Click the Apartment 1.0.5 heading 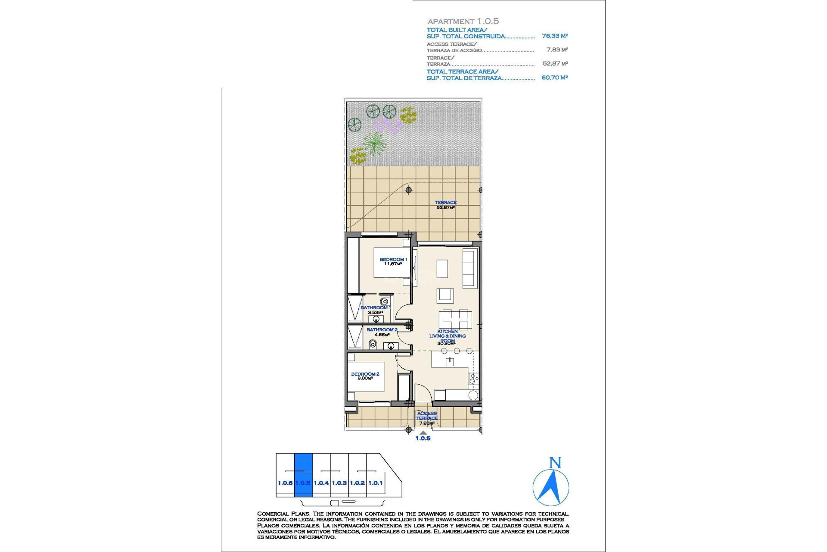(x=463, y=21)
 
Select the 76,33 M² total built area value (x=555, y=36)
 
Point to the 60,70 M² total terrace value (x=555, y=78)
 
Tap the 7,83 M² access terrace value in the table (x=557, y=50)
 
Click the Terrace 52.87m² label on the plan (x=445, y=205)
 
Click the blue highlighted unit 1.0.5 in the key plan (x=303, y=474)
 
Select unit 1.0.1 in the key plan (x=376, y=483)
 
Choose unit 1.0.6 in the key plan (x=285, y=483)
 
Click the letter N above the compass (x=555, y=463)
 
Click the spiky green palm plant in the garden (x=374, y=143)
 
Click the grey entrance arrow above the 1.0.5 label (x=423, y=433)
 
